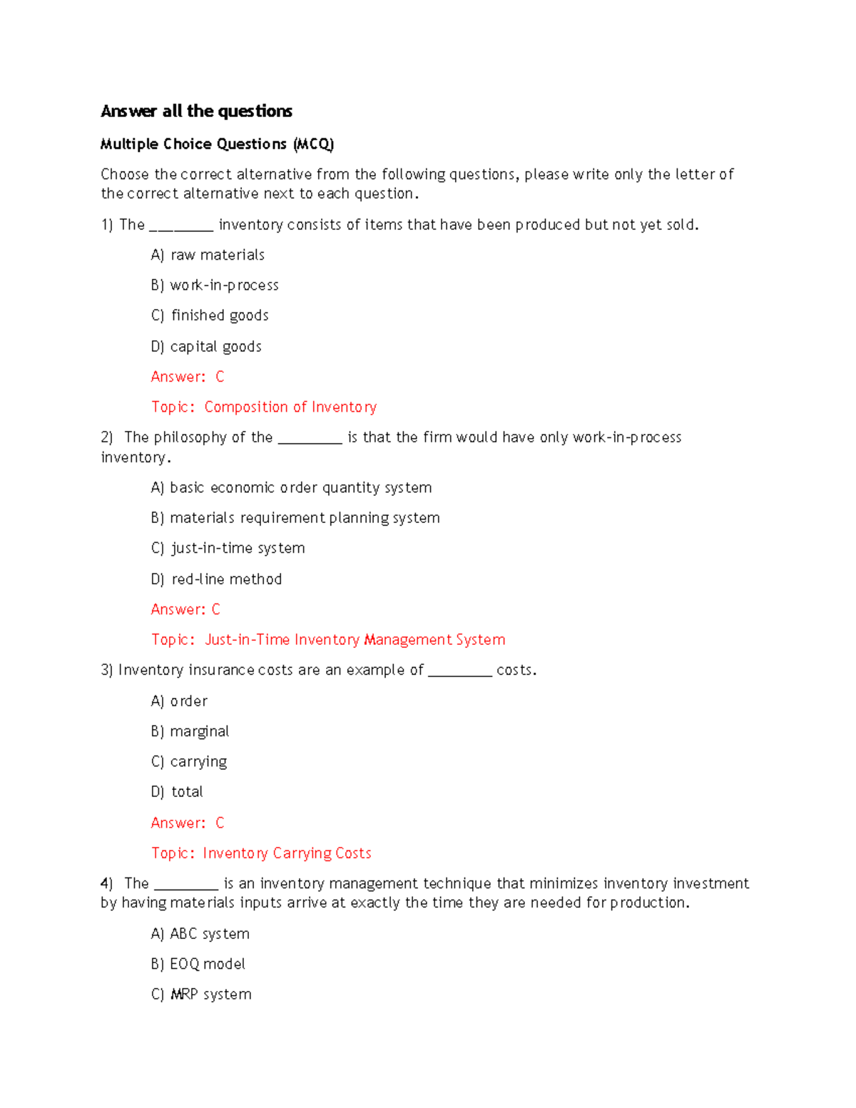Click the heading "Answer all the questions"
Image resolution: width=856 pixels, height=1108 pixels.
point(196,111)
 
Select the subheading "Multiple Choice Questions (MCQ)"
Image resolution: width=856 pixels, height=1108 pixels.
point(217,144)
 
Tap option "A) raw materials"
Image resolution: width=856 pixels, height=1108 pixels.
point(208,255)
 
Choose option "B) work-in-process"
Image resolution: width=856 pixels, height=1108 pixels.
point(215,285)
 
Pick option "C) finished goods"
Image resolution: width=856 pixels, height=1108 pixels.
point(210,315)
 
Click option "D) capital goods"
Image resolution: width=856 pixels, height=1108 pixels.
point(206,347)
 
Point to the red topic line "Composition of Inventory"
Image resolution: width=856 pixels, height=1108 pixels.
point(264,407)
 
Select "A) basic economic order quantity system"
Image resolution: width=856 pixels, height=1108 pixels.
point(291,488)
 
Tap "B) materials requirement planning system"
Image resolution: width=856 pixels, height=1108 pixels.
point(295,518)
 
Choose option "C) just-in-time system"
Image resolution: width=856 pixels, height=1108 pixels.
point(228,549)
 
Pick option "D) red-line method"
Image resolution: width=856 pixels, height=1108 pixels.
point(216,579)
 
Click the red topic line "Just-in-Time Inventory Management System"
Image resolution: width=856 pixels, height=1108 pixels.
point(328,640)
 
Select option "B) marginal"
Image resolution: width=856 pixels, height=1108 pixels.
point(190,731)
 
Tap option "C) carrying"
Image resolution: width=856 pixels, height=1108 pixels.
point(189,762)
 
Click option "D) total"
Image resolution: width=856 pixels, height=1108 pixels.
point(177,792)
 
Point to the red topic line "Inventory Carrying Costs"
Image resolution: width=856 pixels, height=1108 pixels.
point(261,853)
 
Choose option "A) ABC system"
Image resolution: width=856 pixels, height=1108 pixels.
point(200,934)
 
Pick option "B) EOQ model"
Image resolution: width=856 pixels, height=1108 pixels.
point(198,965)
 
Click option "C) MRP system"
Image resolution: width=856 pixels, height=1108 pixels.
point(201,995)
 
